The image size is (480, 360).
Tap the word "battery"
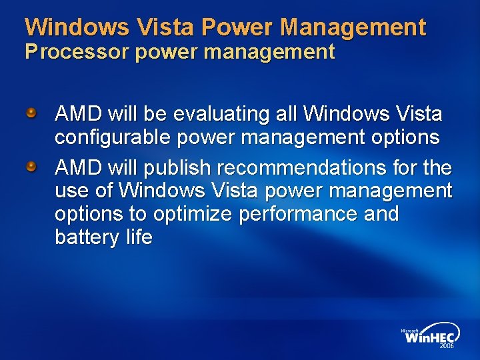pos(82,237)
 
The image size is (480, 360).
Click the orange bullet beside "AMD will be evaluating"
pos(31,114)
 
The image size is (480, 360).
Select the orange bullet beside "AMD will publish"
pos(31,166)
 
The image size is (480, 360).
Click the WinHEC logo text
pos(430,337)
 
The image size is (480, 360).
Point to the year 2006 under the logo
pos(446,347)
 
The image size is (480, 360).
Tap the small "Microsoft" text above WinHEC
pos(410,329)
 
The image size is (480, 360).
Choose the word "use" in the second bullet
pos(71,191)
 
